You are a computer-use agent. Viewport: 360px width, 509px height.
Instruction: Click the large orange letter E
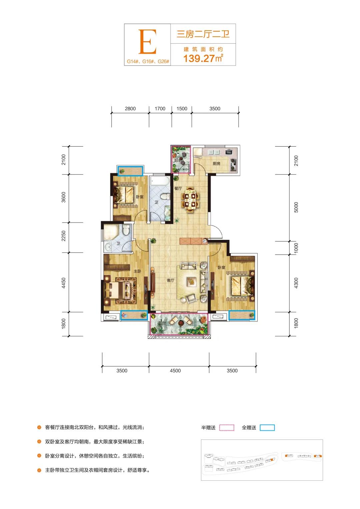[147, 42]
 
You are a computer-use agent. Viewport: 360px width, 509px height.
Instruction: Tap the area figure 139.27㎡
[203, 58]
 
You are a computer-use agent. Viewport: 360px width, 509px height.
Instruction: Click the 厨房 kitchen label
[216, 163]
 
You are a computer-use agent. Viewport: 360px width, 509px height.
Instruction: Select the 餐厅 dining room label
[178, 188]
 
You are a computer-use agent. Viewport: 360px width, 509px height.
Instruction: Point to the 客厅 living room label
[170, 280]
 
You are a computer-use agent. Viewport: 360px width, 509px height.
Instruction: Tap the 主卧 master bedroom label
[137, 271]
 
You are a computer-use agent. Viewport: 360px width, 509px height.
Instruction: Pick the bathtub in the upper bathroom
[160, 181]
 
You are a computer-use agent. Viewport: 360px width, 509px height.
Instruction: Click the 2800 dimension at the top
[130, 109]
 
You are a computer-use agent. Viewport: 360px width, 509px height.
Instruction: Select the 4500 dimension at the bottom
[175, 371]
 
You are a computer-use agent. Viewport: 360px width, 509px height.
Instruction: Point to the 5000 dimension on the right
[296, 207]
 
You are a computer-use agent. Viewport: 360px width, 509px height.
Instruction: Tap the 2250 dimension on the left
[63, 236]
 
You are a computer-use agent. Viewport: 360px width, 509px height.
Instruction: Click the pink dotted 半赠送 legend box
[227, 427]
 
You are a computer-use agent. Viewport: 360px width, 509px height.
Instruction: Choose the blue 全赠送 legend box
[267, 427]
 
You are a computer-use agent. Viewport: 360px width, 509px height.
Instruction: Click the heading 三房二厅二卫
[203, 34]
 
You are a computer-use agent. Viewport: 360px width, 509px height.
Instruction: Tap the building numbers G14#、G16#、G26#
[148, 61]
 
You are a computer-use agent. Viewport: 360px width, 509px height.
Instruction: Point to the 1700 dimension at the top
[160, 109]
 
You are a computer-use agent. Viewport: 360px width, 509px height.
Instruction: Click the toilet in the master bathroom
[126, 230]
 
